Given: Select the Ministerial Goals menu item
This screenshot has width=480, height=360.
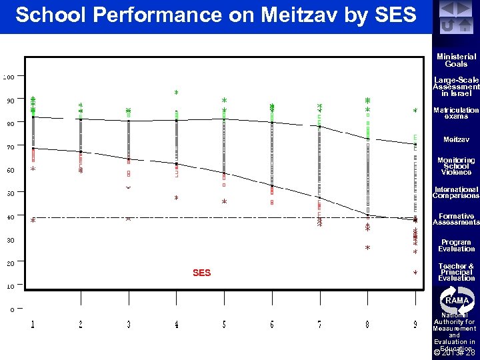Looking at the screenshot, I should coord(456,61).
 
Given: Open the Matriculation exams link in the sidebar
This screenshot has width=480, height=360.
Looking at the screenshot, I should coord(456,113).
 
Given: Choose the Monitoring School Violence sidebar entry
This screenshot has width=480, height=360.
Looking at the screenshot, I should coord(456,166).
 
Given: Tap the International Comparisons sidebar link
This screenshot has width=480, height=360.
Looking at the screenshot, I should coord(456,193).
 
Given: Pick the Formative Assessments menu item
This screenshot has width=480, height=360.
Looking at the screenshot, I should coord(456,219).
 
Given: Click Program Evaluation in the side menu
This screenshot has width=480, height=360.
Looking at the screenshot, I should coord(456,245).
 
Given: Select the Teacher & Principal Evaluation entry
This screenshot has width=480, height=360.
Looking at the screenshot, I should coord(456,272).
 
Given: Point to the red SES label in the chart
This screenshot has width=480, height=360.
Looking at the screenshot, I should coord(201,273).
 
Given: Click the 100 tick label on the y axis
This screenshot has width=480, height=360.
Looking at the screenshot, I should coord(8,77).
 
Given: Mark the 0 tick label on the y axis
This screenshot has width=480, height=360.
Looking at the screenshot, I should coord(12,309).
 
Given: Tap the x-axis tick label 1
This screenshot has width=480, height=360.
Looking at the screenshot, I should coord(33,325).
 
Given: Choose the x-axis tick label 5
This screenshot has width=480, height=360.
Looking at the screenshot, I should coord(224,325).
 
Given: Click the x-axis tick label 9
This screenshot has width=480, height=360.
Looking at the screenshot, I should coord(415,325).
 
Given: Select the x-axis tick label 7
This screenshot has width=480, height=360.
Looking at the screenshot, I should coord(319,325).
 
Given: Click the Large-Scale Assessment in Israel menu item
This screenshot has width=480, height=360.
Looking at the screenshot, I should coord(456,87).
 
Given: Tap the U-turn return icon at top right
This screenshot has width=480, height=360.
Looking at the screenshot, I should coord(447,25).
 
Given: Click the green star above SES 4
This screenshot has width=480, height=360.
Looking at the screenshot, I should coord(177,92).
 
